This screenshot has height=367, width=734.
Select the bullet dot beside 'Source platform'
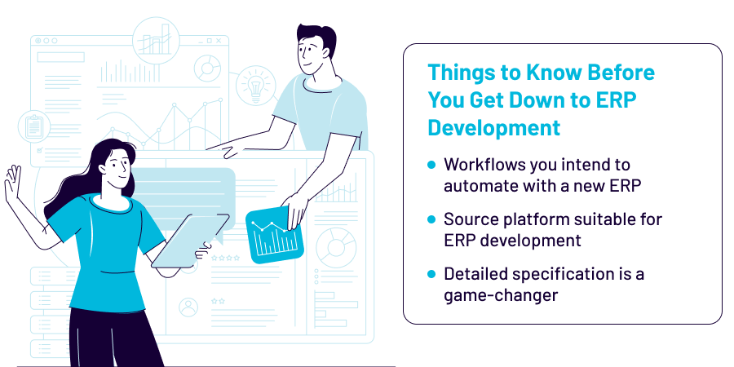(431, 219)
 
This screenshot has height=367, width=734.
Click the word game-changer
(501, 294)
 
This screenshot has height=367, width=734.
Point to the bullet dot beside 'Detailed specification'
(431, 274)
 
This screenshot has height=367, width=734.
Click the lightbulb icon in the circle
(254, 84)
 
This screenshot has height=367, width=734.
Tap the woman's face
(117, 168)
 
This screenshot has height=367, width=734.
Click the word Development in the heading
(494, 127)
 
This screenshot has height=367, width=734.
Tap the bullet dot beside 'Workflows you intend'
(431, 165)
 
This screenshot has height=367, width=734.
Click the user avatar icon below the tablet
(188, 307)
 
